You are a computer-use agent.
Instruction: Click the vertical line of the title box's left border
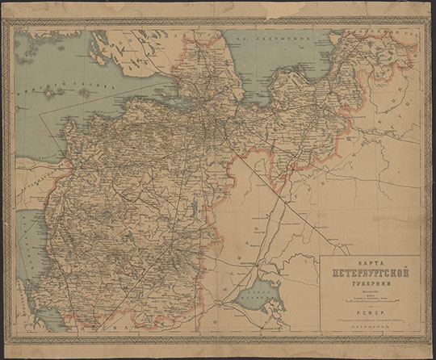point(320,299)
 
